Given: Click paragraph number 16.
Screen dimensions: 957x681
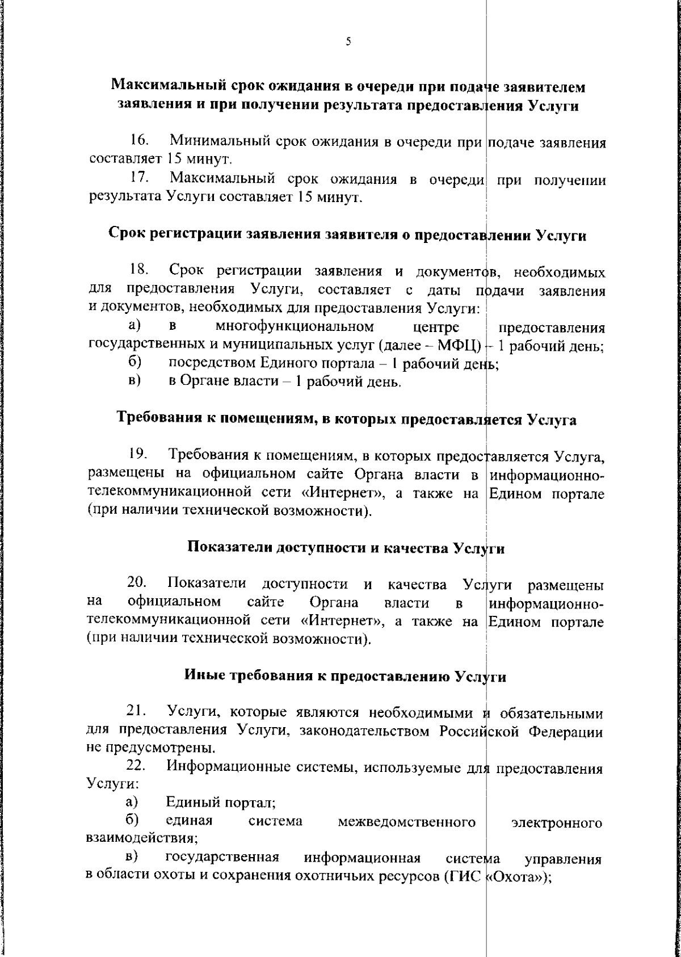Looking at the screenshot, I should (139, 140).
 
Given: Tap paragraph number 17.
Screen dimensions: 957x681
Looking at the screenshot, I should (139, 179).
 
